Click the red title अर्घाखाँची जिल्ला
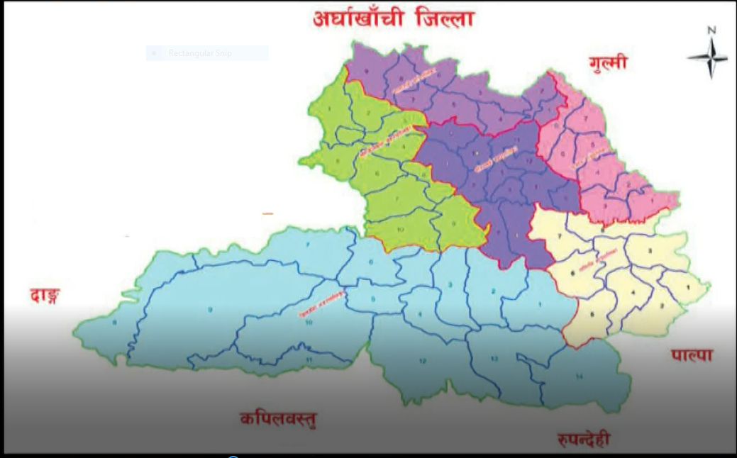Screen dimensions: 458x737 (393, 19)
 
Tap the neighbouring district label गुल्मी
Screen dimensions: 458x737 (608, 62)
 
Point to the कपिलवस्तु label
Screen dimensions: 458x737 (278, 418)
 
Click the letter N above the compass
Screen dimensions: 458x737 (711, 30)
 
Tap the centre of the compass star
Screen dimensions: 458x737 (709, 57)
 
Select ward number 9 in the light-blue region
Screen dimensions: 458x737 (210, 310)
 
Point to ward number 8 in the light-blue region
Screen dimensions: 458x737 (114, 323)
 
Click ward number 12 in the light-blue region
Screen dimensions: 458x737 (422, 361)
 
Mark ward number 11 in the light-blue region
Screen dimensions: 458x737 (309, 360)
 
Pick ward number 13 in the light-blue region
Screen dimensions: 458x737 (494, 359)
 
